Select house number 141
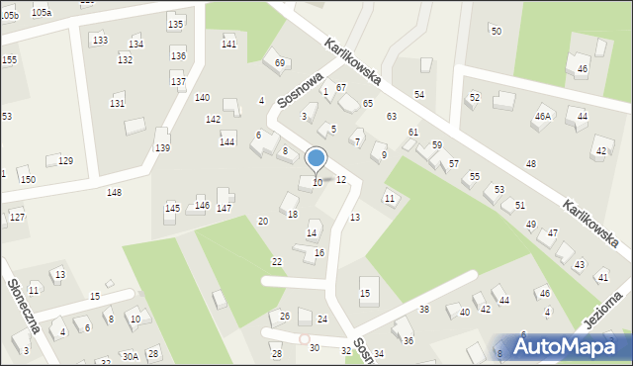point(228,45)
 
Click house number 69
point(280,63)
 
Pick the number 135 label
point(175,24)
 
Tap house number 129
point(65,161)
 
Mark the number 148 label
point(115,192)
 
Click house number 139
point(162,148)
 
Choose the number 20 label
point(263,222)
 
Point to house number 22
point(277,261)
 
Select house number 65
point(367,104)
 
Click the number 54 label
point(419,94)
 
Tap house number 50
point(496,32)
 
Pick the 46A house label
point(542,117)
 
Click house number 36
point(407,340)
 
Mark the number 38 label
point(424,310)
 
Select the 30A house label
point(130,356)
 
